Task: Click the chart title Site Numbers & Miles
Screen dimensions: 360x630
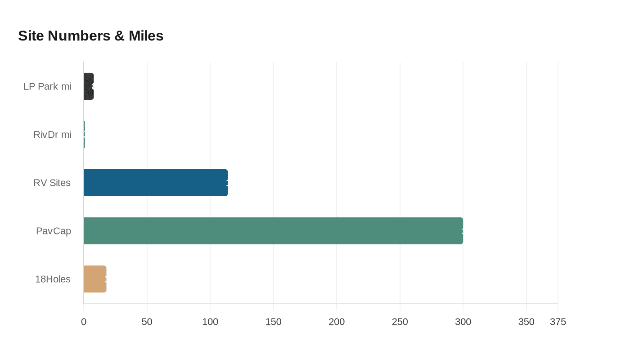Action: click(x=90, y=36)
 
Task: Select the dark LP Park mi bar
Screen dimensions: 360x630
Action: click(x=89, y=86)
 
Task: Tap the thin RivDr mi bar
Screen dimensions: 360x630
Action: click(x=84, y=135)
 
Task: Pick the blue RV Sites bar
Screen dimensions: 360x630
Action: click(x=156, y=183)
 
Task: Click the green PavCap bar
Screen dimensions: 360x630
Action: click(x=273, y=231)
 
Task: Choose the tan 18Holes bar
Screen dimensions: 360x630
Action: click(x=95, y=279)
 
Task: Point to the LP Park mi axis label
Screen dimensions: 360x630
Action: click(x=47, y=86)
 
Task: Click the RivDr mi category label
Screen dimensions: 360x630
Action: click(x=52, y=135)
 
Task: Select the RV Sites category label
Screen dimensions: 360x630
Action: click(x=52, y=183)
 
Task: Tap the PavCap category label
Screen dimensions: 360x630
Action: click(x=54, y=231)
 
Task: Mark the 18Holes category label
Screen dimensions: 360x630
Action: click(x=53, y=279)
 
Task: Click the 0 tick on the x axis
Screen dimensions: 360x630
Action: click(x=84, y=322)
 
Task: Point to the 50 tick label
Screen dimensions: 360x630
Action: click(x=147, y=322)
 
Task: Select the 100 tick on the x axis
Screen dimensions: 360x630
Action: click(x=210, y=322)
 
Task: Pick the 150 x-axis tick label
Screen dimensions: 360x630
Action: click(x=274, y=322)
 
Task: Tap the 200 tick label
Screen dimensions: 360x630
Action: click(x=337, y=322)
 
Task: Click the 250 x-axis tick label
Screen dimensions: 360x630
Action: click(x=400, y=322)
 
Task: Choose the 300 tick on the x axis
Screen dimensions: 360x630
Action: click(x=463, y=322)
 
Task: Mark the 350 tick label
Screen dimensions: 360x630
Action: click(x=526, y=322)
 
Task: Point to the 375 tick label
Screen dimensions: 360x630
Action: click(x=558, y=322)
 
